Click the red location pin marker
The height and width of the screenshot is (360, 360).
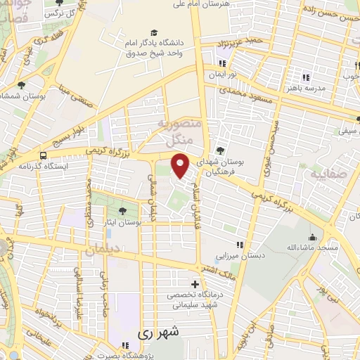pos(181,166)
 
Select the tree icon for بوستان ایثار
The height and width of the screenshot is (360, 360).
pos(122,210)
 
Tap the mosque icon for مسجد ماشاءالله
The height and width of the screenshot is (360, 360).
pos(311,237)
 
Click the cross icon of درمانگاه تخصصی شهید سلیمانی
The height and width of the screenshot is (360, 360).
pos(195,285)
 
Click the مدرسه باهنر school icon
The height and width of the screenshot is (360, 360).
pos(306,77)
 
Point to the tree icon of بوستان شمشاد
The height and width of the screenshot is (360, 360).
pos(21,85)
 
